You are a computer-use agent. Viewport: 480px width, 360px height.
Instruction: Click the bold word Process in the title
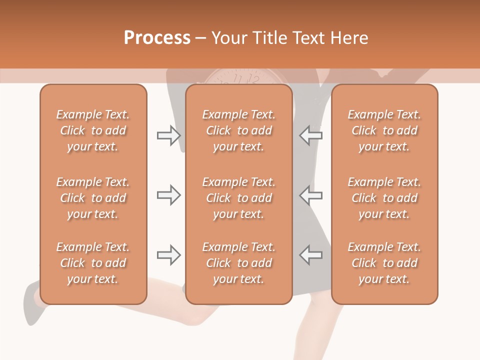click(157, 38)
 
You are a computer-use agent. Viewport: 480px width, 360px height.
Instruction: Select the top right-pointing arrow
click(168, 135)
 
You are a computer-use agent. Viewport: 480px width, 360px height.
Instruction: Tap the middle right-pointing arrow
click(168, 195)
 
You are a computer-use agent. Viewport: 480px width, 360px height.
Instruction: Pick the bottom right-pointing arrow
click(168, 255)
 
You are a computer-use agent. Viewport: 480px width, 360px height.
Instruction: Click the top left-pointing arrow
click(311, 135)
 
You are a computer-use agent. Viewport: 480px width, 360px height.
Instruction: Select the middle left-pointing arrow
click(311, 195)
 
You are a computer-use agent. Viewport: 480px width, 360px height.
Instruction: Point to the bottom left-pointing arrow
click(311, 255)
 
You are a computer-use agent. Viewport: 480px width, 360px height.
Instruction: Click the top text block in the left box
click(93, 130)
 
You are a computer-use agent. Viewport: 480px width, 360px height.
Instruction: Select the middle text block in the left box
click(93, 198)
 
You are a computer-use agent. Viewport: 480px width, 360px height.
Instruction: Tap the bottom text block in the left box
click(93, 263)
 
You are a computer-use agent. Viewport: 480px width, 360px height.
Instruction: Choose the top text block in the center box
click(239, 130)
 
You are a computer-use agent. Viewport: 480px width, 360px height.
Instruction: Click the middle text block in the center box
click(239, 198)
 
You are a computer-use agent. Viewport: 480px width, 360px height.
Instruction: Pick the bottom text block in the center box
click(239, 263)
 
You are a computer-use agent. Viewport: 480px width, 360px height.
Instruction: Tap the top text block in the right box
click(384, 130)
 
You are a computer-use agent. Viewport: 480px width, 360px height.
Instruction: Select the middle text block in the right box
click(384, 198)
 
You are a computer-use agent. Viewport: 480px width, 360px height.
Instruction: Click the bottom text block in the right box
click(384, 263)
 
